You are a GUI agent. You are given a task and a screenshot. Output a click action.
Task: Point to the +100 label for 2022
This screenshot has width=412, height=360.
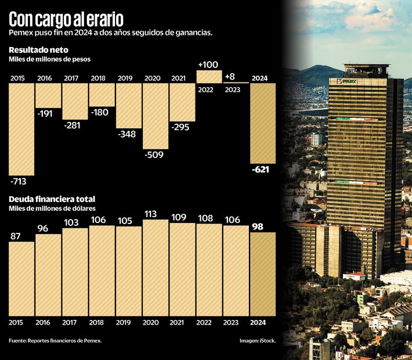[208, 64]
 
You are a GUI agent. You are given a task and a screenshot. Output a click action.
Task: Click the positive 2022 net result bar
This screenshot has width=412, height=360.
[208, 77]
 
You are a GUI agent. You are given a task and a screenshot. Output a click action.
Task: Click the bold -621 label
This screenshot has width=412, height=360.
[262, 170]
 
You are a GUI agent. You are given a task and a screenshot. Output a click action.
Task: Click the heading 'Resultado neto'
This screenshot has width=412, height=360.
[39, 50]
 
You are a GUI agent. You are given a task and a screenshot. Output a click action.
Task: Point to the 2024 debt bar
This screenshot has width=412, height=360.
[262, 273]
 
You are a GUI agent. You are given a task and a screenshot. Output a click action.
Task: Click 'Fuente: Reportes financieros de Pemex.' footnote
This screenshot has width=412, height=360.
[55, 340]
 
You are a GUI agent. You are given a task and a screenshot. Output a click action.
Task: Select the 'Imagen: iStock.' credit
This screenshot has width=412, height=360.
[257, 340]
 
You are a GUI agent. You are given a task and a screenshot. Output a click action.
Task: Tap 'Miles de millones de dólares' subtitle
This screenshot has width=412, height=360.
[52, 208]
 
